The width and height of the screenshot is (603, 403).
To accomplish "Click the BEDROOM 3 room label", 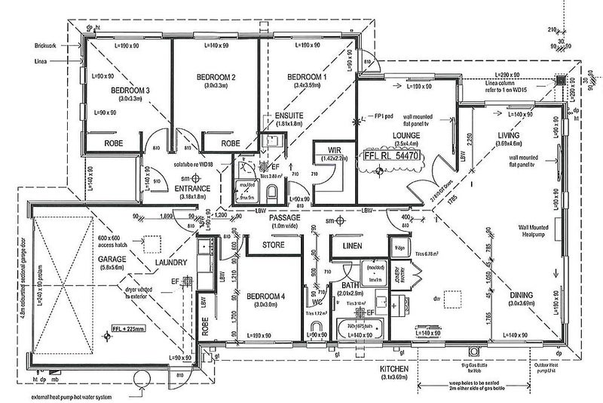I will pos(130,91).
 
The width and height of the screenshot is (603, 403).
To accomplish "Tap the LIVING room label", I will pos(511,136).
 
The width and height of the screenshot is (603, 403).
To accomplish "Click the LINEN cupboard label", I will pos(350,246).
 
